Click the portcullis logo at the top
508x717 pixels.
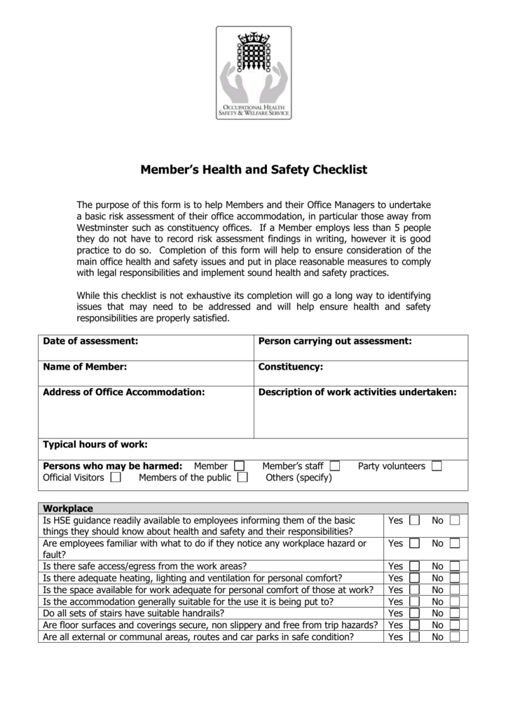coord(254,72)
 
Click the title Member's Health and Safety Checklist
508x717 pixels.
coord(254,170)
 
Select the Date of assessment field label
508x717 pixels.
coord(90,341)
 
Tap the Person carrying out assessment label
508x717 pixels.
coord(334,341)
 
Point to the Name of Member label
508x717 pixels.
coord(85,366)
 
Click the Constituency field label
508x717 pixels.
coord(291,366)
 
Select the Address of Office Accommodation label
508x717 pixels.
coord(124,392)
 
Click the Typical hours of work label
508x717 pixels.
coord(95,444)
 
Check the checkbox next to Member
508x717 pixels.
coord(240,466)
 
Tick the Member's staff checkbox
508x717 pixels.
coord(334,466)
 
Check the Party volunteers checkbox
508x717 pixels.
coord(437,466)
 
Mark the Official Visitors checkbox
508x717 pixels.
coord(115,478)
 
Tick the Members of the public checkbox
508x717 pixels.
coord(242,478)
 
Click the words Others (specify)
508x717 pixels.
coord(298,478)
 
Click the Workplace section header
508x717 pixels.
coord(68,508)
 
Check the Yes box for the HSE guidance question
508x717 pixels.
coord(414,521)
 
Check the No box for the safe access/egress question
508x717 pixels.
coord(455,566)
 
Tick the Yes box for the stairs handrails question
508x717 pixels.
coord(414,613)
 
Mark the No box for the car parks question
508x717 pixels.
coord(455,637)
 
